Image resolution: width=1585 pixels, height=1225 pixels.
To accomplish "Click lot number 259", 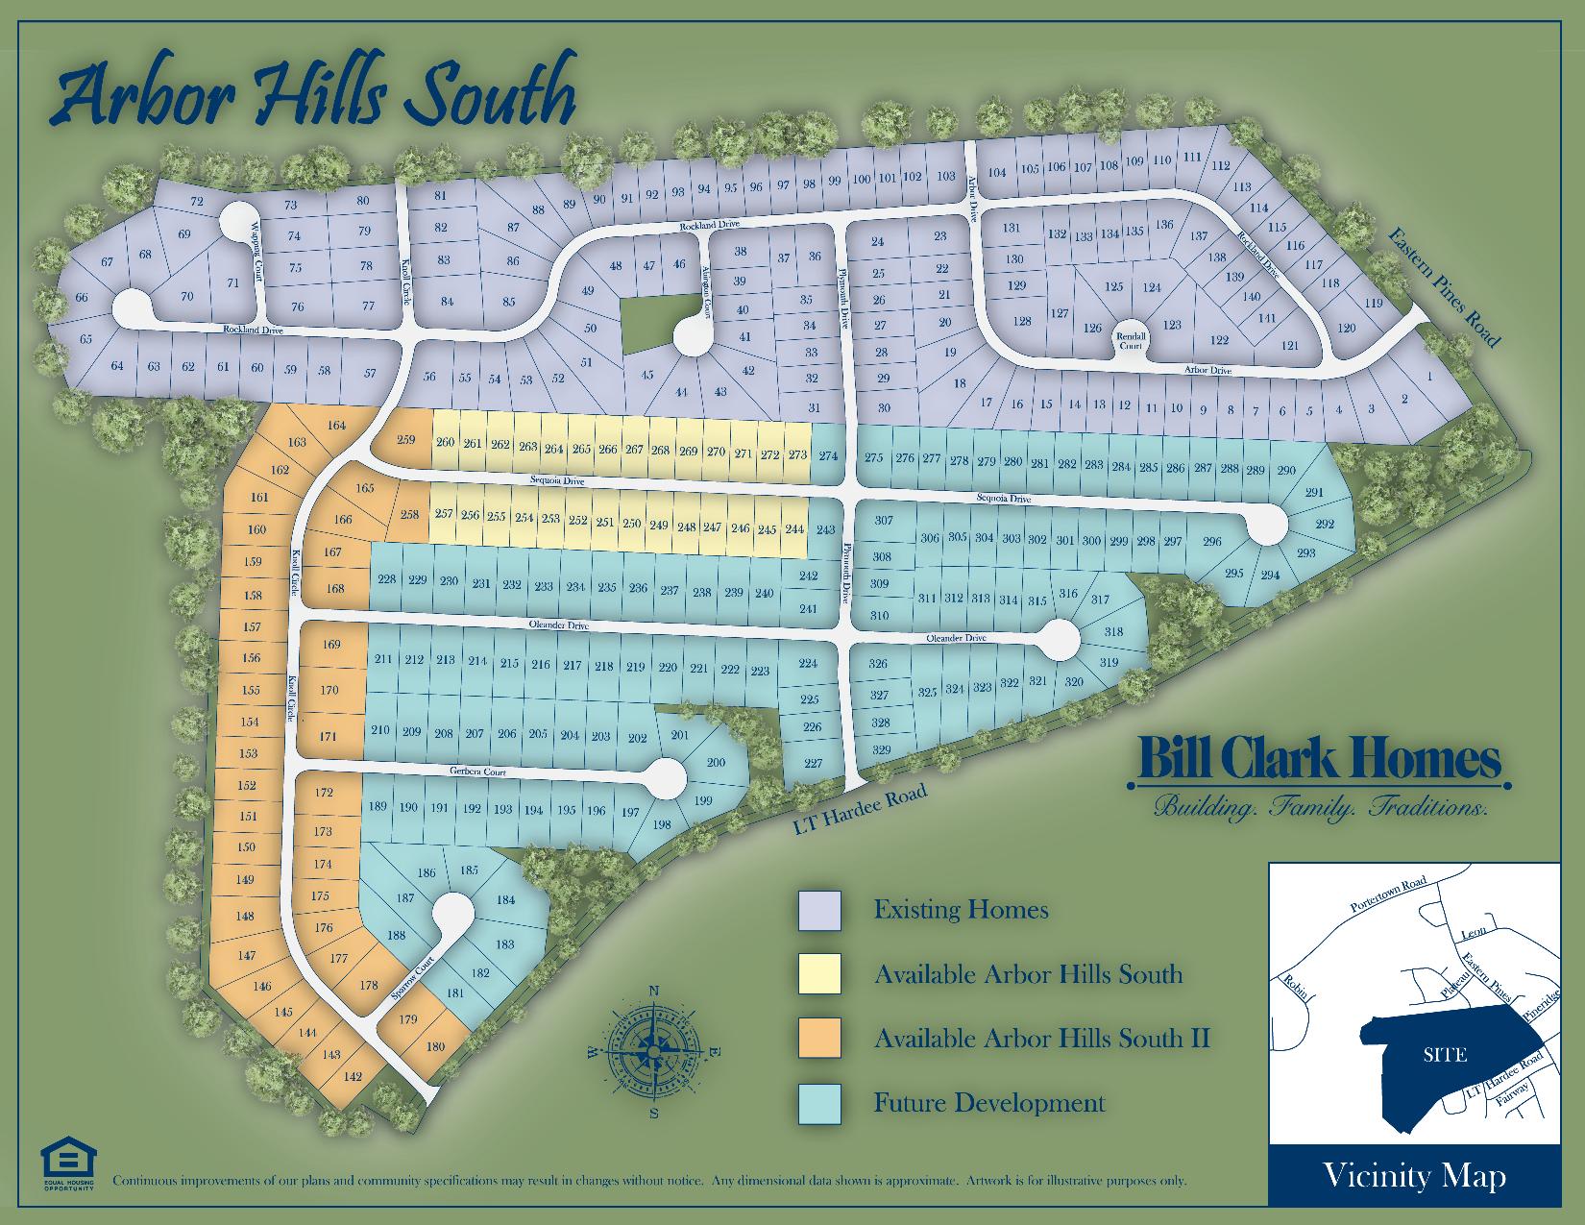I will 406,440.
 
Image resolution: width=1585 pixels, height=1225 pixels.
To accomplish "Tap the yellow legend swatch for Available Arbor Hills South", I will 819,973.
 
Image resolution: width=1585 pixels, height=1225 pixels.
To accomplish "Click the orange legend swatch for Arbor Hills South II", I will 819,1039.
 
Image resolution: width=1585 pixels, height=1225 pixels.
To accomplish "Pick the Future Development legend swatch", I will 819,1103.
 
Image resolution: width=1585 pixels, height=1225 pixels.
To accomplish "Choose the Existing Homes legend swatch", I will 819,910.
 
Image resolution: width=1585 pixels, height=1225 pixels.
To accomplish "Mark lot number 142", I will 353,1077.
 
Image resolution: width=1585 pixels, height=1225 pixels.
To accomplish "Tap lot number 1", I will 1429,376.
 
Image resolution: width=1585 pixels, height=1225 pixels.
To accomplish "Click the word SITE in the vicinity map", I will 1445,1055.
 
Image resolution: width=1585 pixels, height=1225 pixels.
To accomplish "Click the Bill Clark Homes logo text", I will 1319,760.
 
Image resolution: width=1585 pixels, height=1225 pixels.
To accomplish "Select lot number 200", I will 716,763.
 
